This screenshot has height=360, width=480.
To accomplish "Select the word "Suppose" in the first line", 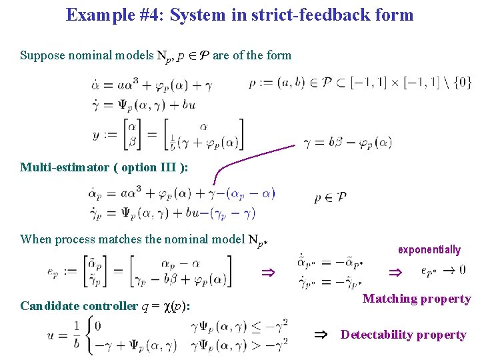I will tap(43, 55).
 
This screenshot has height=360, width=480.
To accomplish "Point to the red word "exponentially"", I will tap(429, 249).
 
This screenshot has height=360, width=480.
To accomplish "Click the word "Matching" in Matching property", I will tap(389, 299).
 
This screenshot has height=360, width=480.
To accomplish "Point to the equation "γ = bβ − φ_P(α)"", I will tap(347, 142).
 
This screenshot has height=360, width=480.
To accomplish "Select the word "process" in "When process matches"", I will tap(71, 239).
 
